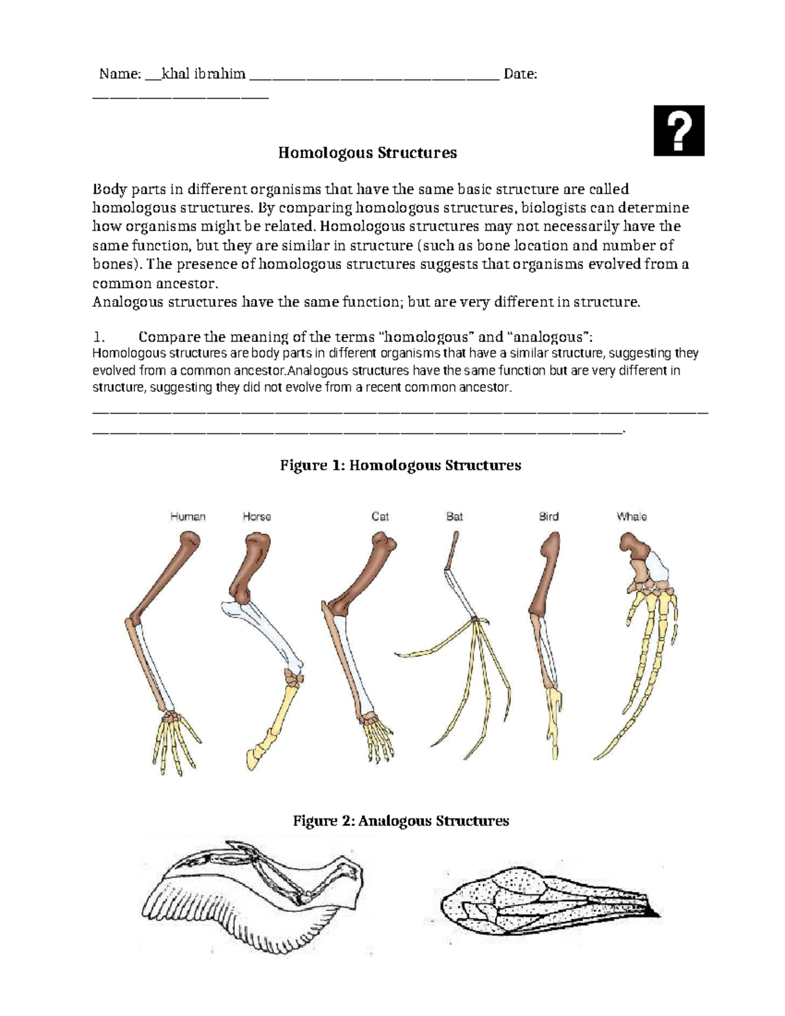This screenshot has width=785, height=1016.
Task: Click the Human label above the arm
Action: pos(188,517)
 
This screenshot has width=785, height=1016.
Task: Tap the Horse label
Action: pos(256,517)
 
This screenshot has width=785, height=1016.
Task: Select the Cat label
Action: pos(380,517)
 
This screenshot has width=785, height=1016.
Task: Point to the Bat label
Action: pos(454,517)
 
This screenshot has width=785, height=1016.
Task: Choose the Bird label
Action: pos(548,517)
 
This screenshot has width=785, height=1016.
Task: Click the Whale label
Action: pos(631,517)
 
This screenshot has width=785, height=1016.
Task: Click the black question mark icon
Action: pos(679,131)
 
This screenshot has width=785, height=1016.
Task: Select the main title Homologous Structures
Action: pos(367,153)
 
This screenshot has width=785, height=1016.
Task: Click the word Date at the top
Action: pos(521,74)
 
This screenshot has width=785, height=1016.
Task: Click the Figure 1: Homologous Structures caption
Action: pos(400,465)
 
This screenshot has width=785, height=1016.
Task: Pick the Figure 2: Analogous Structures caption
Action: pos(400,820)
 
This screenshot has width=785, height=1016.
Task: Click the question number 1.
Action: pos(99,338)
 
